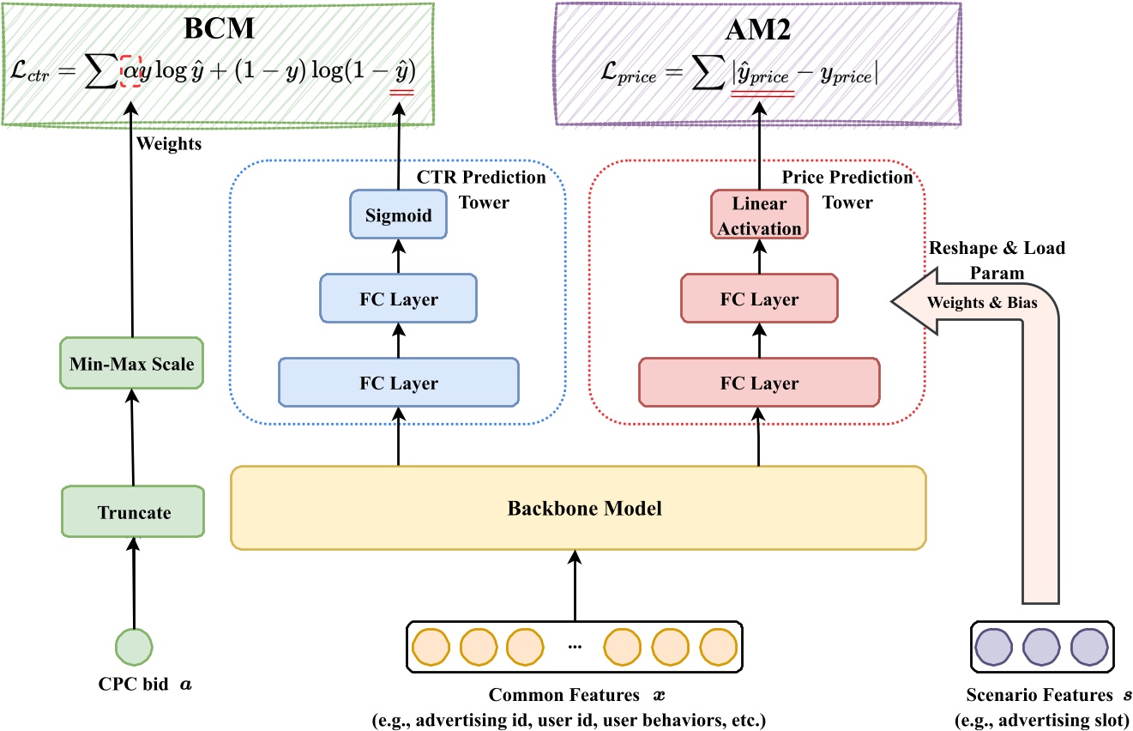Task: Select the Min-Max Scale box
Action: pos(132,364)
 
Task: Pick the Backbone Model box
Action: pos(578,508)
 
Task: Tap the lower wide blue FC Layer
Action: pos(398,383)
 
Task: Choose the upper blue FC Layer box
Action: pos(398,299)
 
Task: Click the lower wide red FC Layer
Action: pos(759,383)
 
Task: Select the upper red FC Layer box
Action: pos(759,299)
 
